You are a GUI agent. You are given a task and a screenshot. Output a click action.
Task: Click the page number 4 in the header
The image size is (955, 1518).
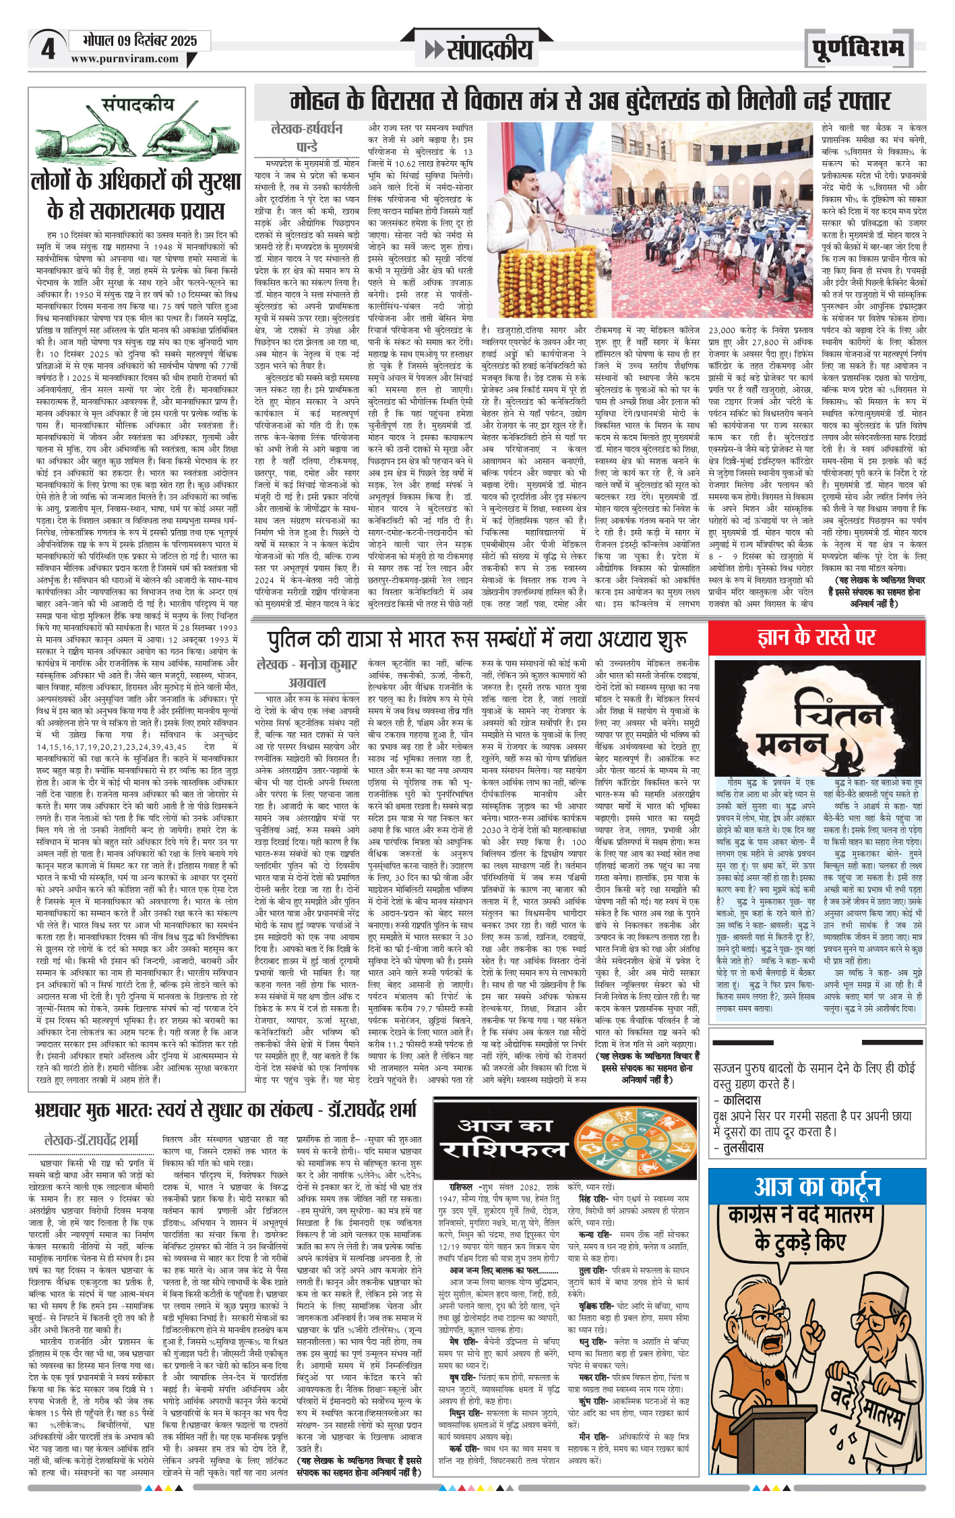tap(47, 49)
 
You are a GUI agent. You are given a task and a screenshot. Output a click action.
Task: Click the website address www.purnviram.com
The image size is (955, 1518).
tap(125, 59)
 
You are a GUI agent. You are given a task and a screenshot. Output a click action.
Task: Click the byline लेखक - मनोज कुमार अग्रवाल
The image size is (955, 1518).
tap(307, 672)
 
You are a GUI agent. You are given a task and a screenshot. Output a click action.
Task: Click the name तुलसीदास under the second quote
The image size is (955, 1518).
tap(743, 1147)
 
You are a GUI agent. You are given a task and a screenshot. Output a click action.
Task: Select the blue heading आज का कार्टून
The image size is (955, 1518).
tap(817, 1184)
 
